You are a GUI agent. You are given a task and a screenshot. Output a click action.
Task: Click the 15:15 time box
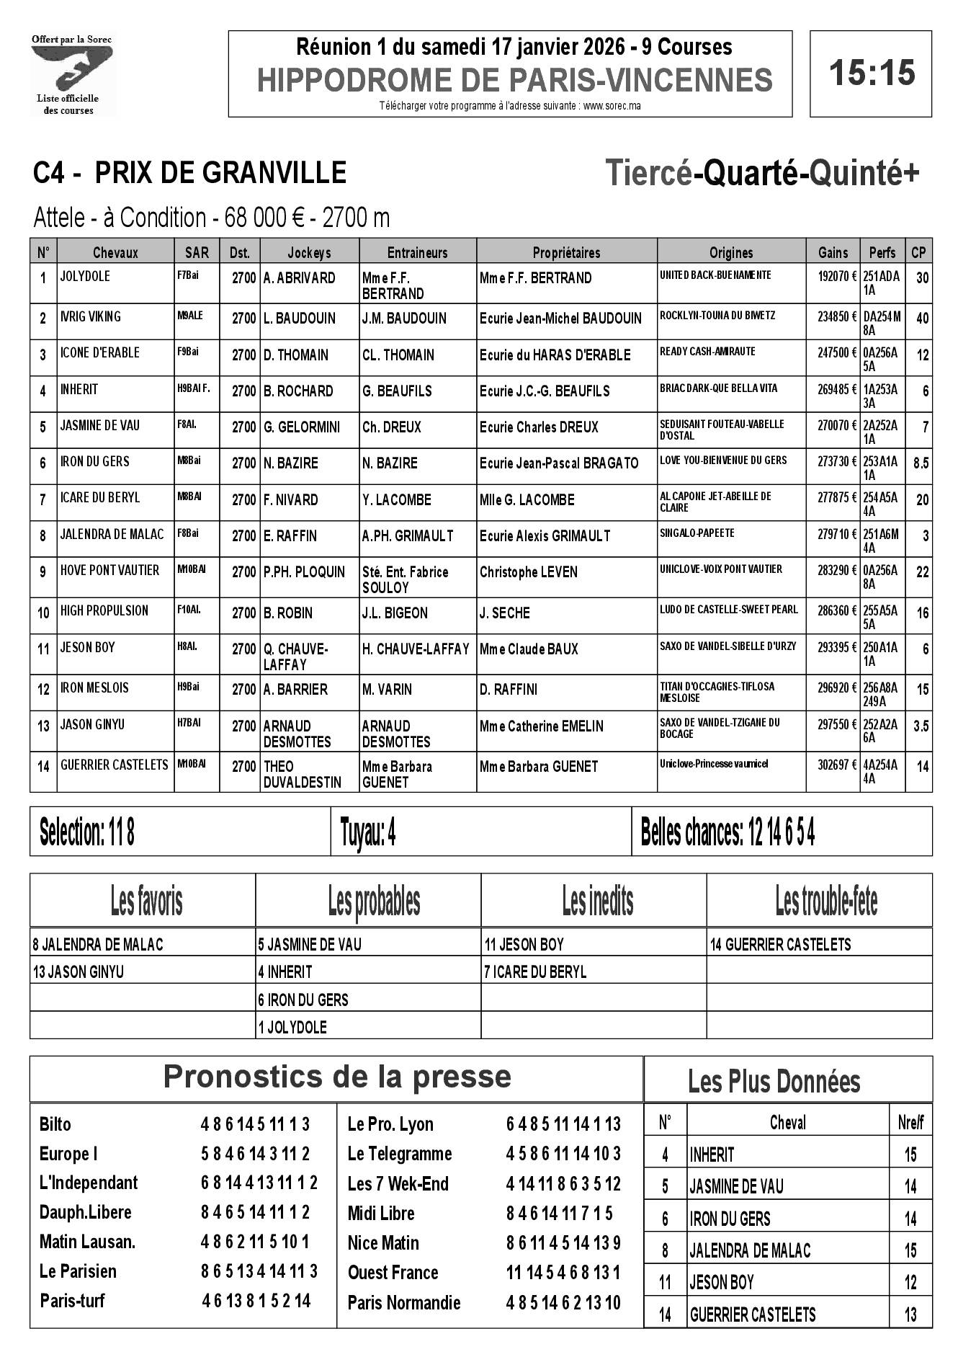(x=871, y=73)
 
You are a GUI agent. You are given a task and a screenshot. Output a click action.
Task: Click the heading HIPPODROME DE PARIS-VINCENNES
(x=514, y=80)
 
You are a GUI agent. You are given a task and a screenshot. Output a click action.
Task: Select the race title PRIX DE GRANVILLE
(x=220, y=173)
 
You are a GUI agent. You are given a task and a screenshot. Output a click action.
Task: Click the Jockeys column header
(x=309, y=252)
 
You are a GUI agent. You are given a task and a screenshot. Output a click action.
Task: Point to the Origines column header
(x=730, y=252)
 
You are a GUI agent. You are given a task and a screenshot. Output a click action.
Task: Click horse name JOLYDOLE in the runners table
(x=86, y=277)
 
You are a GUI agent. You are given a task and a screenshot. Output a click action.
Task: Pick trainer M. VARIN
(x=388, y=689)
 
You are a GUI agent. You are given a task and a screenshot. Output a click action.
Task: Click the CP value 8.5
(x=921, y=463)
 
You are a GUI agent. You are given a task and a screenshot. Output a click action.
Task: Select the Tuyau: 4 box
(x=480, y=832)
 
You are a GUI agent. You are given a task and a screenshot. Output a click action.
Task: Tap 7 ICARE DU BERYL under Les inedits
(x=535, y=972)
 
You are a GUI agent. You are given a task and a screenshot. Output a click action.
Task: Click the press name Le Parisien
(x=78, y=1271)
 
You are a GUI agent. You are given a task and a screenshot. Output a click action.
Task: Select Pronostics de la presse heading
(x=336, y=1077)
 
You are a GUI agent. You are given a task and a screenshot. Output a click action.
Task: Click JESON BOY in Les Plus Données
(x=722, y=1283)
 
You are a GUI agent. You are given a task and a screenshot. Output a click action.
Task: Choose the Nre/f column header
(x=910, y=1123)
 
